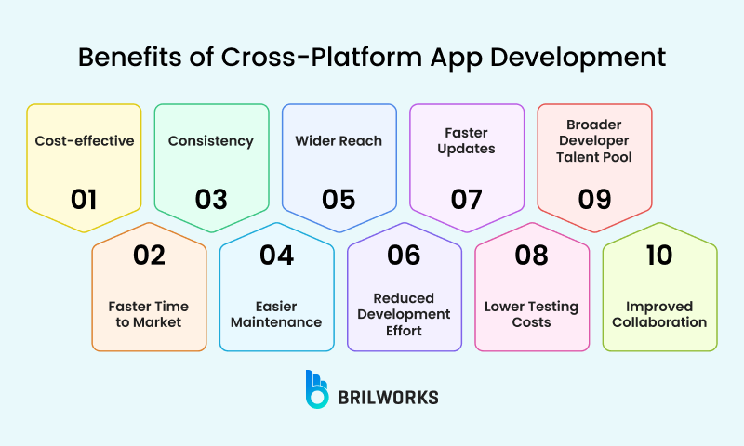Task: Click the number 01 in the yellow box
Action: (84, 199)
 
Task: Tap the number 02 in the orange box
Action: (149, 256)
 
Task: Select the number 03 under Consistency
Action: (211, 199)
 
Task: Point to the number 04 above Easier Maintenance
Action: (276, 256)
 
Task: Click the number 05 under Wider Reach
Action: (339, 199)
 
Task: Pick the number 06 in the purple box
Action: (405, 256)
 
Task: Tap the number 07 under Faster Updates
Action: (467, 199)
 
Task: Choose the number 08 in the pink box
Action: (532, 256)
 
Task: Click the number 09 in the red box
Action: (594, 199)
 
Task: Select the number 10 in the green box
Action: (659, 256)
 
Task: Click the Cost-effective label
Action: (85, 141)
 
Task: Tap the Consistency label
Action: (211, 141)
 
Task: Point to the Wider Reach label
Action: (339, 141)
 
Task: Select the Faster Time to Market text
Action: (149, 314)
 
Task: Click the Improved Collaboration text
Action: (659, 314)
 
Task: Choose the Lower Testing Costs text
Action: (532, 314)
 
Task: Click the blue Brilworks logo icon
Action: (318, 388)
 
